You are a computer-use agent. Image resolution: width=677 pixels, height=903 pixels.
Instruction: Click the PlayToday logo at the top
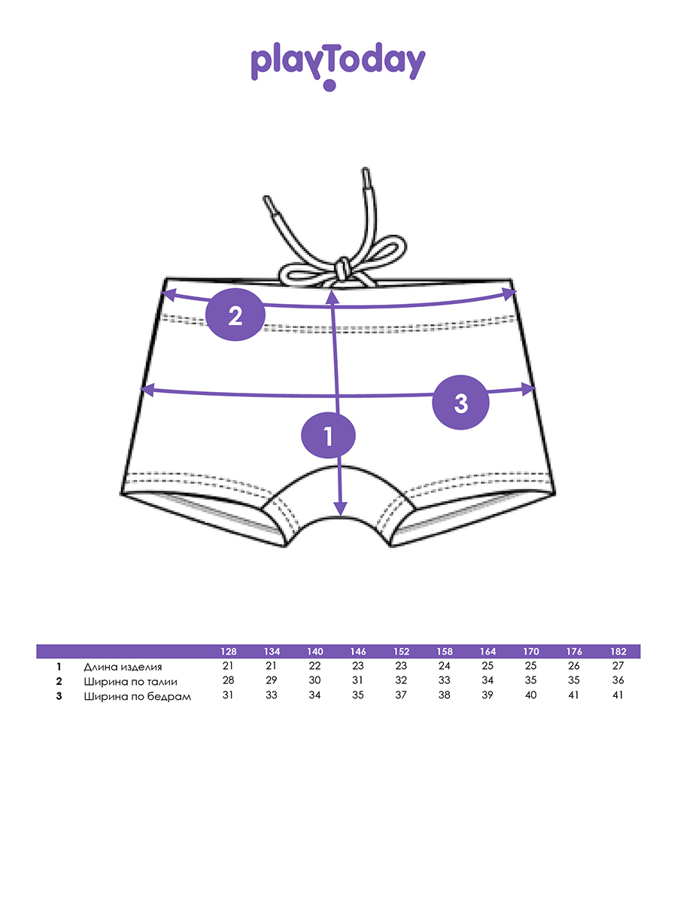coord(338,64)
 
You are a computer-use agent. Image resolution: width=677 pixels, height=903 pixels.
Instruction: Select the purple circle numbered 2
coord(235,315)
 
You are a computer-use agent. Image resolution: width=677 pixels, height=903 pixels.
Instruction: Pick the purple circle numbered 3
coord(461,403)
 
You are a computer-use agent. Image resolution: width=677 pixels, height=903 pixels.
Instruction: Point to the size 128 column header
coord(229,652)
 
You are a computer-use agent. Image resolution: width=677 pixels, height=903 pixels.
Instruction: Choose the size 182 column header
coord(618,652)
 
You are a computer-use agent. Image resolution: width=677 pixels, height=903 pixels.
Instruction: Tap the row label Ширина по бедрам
coord(138,696)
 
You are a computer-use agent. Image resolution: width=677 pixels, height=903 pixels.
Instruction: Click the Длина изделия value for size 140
coord(314,667)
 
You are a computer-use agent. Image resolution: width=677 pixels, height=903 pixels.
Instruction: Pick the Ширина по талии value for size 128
coord(229,681)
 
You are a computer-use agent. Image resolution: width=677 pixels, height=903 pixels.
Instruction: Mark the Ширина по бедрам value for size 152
coord(401,695)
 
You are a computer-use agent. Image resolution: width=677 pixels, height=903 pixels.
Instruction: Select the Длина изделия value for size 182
coord(618,667)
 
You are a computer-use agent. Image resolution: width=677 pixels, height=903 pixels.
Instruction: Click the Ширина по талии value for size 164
coord(487,681)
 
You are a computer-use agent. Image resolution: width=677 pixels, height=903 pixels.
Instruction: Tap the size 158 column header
coord(445,652)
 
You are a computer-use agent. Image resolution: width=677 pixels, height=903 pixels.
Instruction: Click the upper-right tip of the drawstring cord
coord(366,175)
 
